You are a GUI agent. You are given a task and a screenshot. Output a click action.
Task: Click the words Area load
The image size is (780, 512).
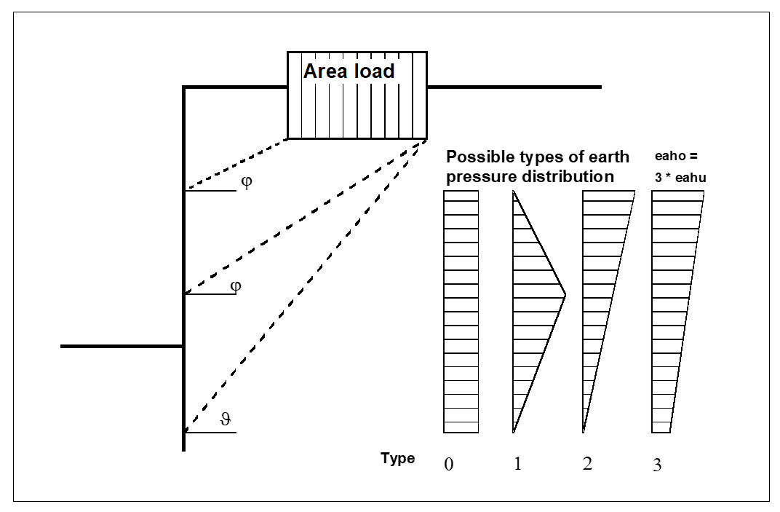tap(349, 71)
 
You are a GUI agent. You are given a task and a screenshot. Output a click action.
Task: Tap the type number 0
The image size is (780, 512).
tap(448, 465)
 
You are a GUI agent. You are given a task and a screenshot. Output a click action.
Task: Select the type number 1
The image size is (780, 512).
tap(517, 464)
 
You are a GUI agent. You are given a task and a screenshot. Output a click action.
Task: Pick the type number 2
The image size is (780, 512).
tap(587, 464)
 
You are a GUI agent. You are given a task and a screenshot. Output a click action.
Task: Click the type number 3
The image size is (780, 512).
tap(657, 465)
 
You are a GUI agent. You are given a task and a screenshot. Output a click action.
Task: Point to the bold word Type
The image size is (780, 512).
tap(397, 458)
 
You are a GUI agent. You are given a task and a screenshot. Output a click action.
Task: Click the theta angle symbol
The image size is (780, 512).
tap(225, 420)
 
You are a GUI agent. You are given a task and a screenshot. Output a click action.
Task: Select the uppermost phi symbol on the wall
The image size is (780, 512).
tap(246, 182)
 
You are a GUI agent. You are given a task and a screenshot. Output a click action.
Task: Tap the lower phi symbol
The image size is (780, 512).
tap(235, 285)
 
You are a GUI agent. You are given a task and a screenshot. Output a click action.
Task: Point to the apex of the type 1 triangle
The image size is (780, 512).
tap(565, 296)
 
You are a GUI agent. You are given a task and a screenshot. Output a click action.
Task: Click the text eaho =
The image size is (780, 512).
tap(676, 157)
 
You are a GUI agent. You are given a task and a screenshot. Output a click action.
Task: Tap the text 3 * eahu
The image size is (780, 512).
tap(680, 177)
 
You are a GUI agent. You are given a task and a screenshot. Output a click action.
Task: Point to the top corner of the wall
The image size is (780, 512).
tap(184, 87)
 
